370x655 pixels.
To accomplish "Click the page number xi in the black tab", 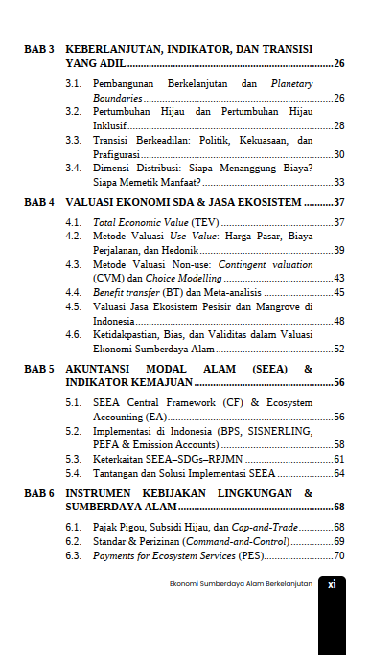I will tap(331, 583).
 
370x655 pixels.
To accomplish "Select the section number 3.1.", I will tap(73, 84).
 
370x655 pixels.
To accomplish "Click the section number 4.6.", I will tap(73, 335).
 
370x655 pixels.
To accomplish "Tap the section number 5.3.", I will tap(73, 459).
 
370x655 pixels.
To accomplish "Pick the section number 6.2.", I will tap(73, 541).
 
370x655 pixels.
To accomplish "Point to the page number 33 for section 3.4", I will tap(338, 181).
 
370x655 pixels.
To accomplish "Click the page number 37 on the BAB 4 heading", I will tap(338, 203).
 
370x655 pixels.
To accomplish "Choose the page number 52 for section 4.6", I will tap(338, 349).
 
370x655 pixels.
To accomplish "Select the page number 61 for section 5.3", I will tap(338, 459).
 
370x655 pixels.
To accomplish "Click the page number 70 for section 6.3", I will tap(338, 555).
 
